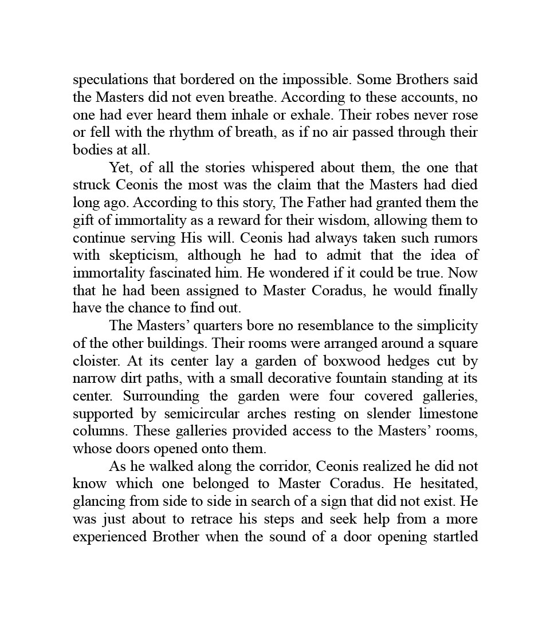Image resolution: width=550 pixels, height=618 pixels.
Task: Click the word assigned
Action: tap(215, 291)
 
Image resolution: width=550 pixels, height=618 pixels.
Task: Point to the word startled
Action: tap(453, 537)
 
